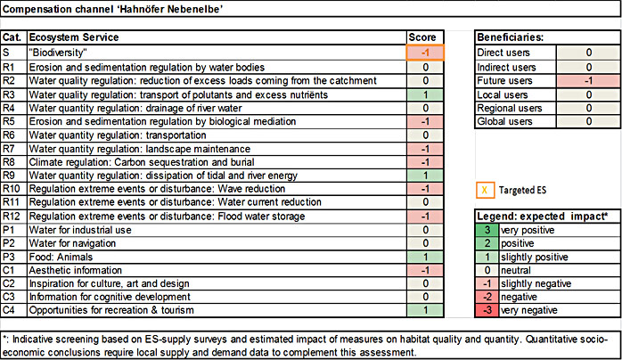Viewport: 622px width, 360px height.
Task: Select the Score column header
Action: pos(423,38)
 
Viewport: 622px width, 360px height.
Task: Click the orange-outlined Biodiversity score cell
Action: pos(425,53)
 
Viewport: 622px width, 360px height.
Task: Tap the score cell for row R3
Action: pos(425,94)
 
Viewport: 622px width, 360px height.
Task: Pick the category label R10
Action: pos(12,189)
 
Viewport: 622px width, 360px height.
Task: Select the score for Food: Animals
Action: pos(425,257)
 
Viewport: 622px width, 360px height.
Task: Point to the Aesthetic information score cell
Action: pos(425,270)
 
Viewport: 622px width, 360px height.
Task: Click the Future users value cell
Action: pos(585,80)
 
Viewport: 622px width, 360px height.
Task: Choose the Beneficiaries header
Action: pos(512,38)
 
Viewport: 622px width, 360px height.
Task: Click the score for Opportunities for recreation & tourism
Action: pos(425,310)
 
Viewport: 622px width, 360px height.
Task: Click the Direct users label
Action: pos(502,53)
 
